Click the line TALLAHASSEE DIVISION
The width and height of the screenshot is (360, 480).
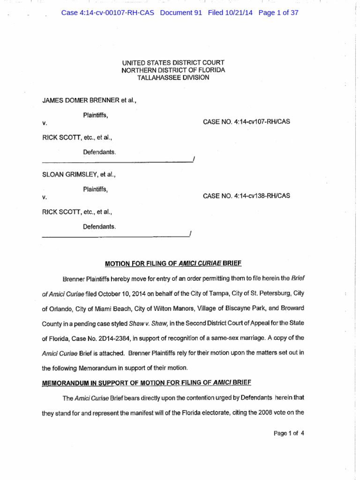pyautogui.click(x=173, y=78)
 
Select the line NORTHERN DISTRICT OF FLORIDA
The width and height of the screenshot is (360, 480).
pyautogui.click(x=173, y=70)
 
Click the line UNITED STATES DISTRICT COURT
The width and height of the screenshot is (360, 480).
pyautogui.click(x=173, y=63)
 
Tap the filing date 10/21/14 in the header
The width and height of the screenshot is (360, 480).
pyautogui.click(x=238, y=13)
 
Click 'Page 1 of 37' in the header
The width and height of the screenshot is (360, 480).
pyautogui.click(x=278, y=13)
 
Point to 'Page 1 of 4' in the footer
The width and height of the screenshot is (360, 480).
pyautogui.click(x=289, y=433)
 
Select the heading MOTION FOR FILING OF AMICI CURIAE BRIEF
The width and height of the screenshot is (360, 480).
pyautogui.click(x=173, y=263)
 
